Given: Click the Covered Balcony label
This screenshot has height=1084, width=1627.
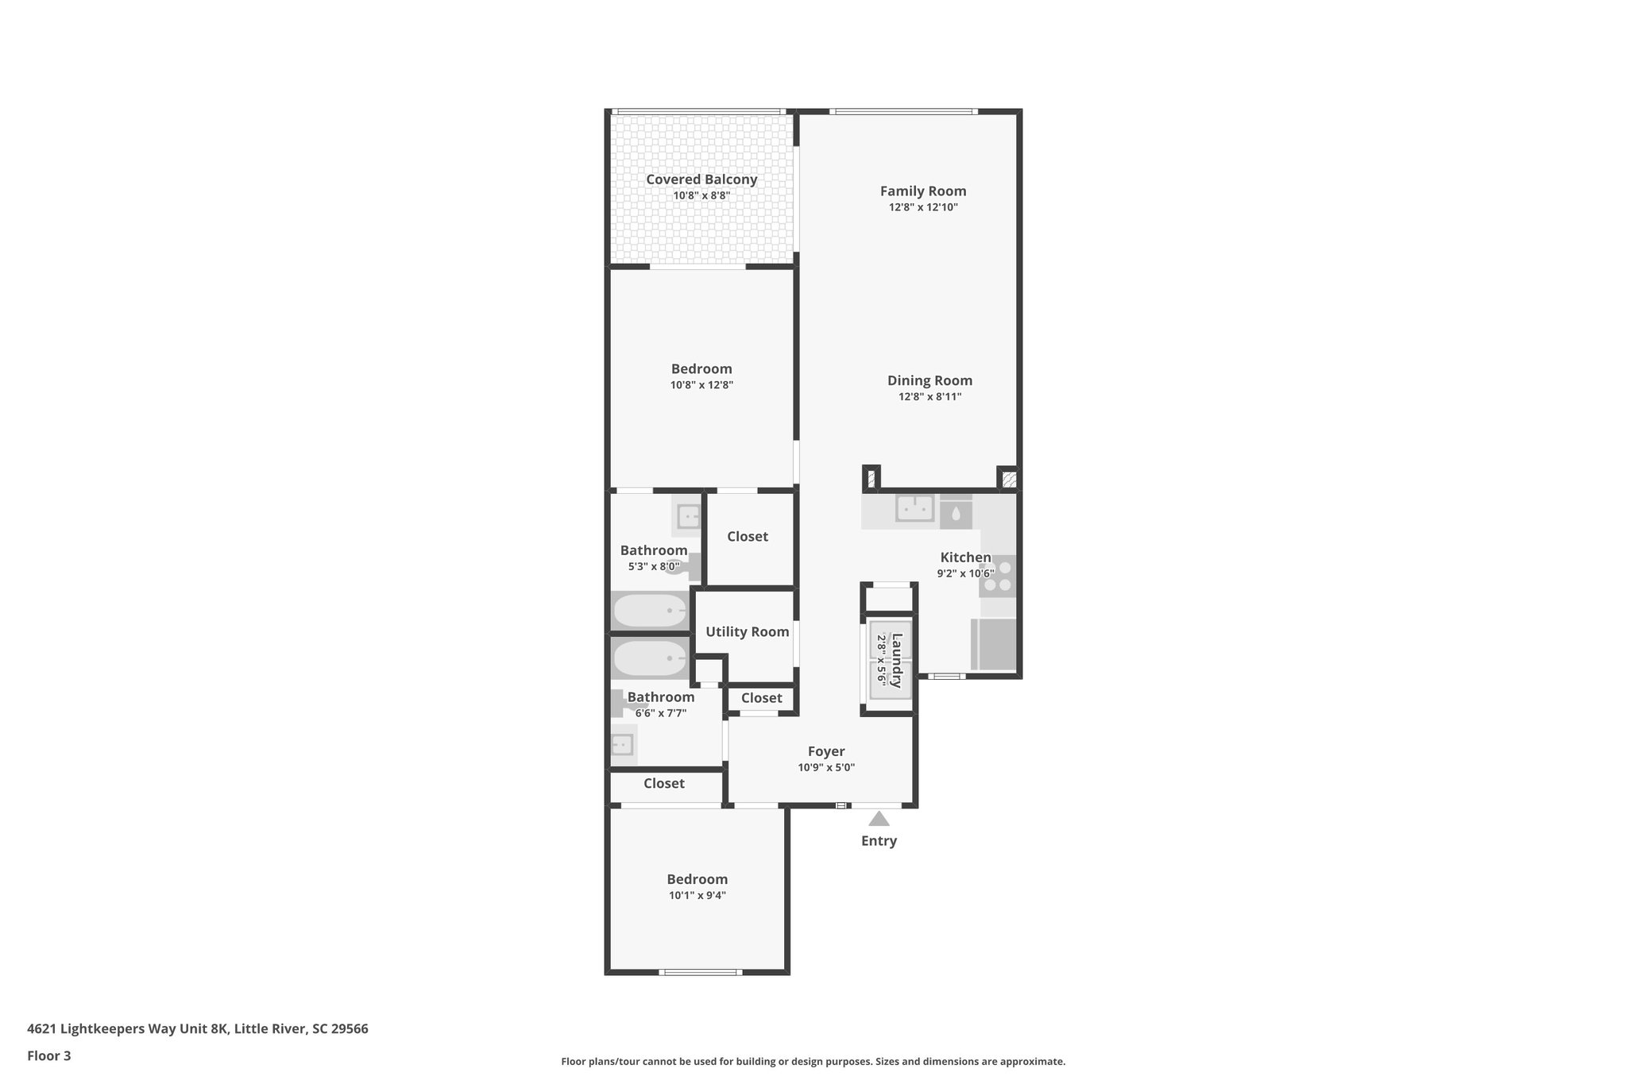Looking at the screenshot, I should (701, 179).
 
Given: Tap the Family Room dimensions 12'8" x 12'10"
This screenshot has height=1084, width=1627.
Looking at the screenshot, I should (923, 207).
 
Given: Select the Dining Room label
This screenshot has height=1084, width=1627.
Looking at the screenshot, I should (929, 380).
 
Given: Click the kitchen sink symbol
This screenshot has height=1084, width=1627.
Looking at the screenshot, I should (914, 508).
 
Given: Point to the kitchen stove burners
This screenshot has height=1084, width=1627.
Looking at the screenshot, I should (998, 577).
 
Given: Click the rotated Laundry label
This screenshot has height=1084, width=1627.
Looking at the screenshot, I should (896, 660).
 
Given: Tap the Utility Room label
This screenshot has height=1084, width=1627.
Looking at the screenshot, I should (747, 632).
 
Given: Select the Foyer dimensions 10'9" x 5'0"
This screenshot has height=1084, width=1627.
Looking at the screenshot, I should (826, 768).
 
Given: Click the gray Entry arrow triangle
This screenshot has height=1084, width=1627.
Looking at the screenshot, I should (879, 819).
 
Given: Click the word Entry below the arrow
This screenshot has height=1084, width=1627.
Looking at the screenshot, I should (879, 841).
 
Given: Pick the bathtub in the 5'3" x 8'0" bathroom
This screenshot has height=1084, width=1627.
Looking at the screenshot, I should (650, 611).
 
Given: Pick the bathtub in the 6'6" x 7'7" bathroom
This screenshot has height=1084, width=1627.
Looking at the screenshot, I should (650, 658).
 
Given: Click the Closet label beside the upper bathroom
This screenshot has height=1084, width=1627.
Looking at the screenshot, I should (747, 537).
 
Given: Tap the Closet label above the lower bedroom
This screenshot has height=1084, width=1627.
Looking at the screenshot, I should (663, 784).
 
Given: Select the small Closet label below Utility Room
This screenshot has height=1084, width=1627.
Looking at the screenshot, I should (761, 698).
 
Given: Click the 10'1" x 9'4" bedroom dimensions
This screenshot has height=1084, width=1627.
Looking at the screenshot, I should (697, 896).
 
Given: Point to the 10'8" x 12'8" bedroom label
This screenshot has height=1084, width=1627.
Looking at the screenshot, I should (701, 369).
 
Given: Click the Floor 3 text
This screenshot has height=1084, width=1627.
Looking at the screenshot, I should (49, 1056).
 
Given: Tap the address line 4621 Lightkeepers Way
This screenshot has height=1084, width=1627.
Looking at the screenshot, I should (197, 1029).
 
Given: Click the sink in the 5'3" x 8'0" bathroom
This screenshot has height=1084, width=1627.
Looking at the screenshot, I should (688, 517).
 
